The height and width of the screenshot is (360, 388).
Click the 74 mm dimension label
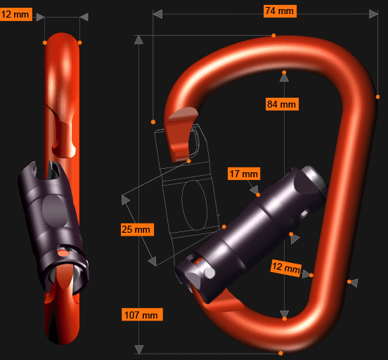(x=280, y=11)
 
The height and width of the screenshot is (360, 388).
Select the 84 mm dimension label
(x=282, y=104)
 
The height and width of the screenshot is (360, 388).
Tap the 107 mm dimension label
(x=141, y=314)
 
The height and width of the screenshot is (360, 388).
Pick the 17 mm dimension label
(x=244, y=174)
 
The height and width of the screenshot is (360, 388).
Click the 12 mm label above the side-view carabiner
(x=15, y=14)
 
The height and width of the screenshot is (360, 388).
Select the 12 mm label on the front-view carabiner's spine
(x=285, y=267)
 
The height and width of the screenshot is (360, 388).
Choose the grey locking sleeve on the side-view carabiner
(x=53, y=214)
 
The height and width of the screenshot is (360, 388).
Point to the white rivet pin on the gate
(x=209, y=272)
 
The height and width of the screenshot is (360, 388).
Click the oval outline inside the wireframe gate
(x=193, y=205)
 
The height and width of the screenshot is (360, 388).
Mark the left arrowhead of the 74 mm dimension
(x=157, y=14)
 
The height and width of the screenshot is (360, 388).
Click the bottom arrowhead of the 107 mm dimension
(x=138, y=349)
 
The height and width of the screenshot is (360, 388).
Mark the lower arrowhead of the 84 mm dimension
(x=284, y=314)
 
